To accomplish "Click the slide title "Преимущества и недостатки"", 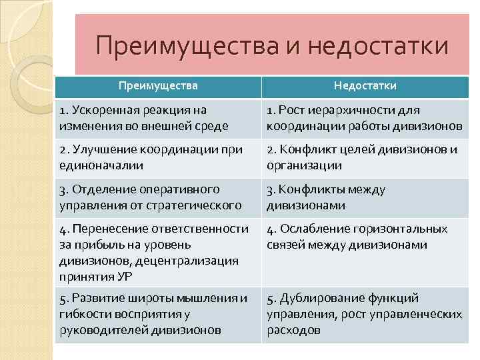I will pyautogui.click(x=272, y=47).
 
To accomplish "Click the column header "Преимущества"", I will pyautogui.click(x=158, y=85).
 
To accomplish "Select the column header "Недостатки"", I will pyautogui.click(x=365, y=85).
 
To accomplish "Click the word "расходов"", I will pyautogui.click(x=293, y=329).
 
